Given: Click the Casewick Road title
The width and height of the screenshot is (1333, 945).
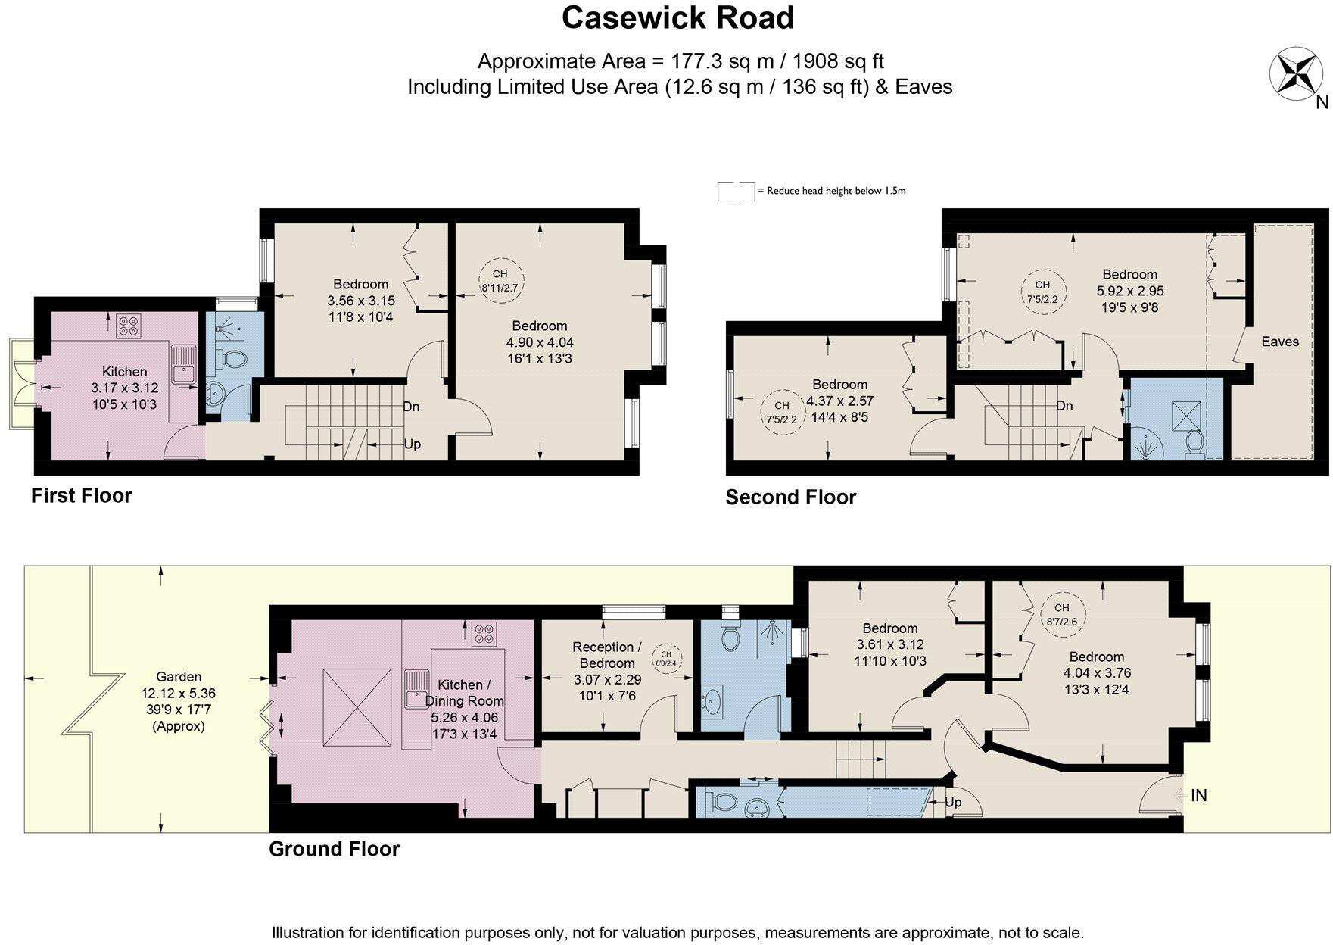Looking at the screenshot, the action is click(x=677, y=18).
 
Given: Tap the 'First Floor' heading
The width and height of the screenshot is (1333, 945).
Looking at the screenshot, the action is click(x=82, y=496).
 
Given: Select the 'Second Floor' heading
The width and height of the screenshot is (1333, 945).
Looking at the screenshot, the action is click(x=791, y=497).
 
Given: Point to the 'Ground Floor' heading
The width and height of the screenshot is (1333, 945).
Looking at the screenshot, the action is click(x=334, y=849).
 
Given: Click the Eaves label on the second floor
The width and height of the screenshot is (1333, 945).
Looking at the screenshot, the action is click(x=1280, y=342).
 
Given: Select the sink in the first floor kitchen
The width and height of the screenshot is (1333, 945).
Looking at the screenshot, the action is click(x=182, y=366).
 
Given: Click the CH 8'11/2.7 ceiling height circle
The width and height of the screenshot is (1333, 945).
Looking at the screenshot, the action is click(x=500, y=280).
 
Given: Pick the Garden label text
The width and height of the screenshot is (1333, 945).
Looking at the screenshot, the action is click(x=179, y=677).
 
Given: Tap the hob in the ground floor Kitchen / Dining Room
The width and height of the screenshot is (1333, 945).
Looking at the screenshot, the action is click(x=484, y=634).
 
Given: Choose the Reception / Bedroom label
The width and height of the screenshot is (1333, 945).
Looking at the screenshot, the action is click(x=607, y=655).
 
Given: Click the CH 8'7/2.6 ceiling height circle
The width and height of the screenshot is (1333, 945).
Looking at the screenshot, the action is click(x=1062, y=615).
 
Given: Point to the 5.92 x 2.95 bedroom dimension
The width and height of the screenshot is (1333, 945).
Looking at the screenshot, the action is click(x=1130, y=291).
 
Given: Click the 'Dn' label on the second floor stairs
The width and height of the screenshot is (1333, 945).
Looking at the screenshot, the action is click(x=1064, y=406).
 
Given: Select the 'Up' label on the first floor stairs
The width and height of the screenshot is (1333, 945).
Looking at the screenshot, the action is click(x=413, y=444).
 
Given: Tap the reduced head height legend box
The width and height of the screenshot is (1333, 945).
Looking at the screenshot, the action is click(x=736, y=192).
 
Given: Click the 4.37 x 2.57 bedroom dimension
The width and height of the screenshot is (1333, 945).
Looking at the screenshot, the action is click(x=840, y=401).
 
